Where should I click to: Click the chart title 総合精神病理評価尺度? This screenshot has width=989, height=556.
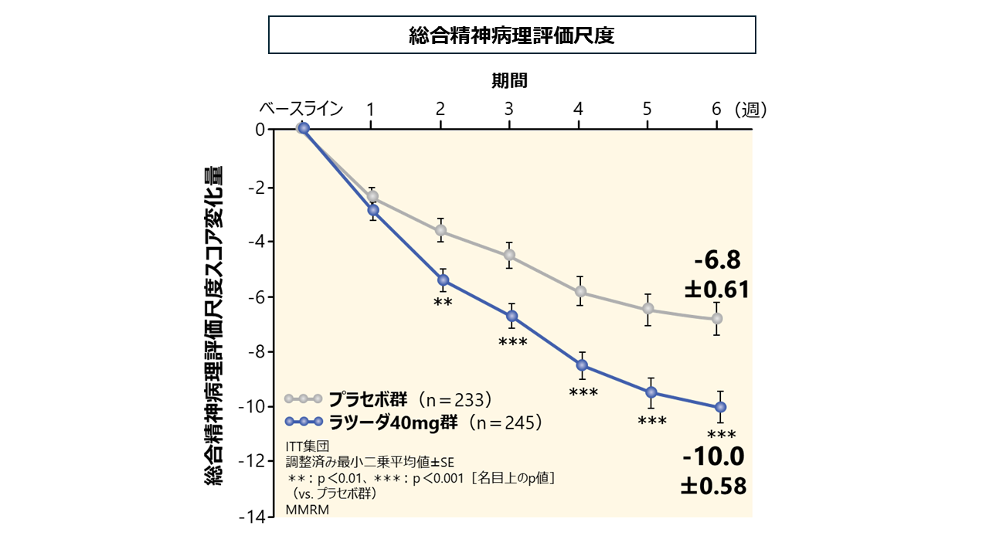pos(511,36)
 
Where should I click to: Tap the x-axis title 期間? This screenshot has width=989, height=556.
pos(510,80)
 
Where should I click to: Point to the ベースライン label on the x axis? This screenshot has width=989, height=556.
pos(301,109)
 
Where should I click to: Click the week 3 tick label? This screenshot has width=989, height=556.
pos(509,109)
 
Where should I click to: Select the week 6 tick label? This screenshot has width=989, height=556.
pos(716,109)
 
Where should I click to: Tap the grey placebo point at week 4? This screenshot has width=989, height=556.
pos(580,291)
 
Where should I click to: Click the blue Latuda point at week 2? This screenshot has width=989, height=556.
pos(443,280)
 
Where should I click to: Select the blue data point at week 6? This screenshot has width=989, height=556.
pos(720,407)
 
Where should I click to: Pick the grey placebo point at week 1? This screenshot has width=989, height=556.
pos(372,196)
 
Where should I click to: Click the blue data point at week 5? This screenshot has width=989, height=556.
pos(651,392)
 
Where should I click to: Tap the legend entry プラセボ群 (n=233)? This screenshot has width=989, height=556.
pos(410,399)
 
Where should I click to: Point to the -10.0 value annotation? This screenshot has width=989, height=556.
pos(713,457)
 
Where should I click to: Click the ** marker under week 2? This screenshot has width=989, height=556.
pos(443,302)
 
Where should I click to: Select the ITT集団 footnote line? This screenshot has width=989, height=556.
pos(307,446)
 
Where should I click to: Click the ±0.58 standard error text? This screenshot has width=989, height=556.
pos(713,486)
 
